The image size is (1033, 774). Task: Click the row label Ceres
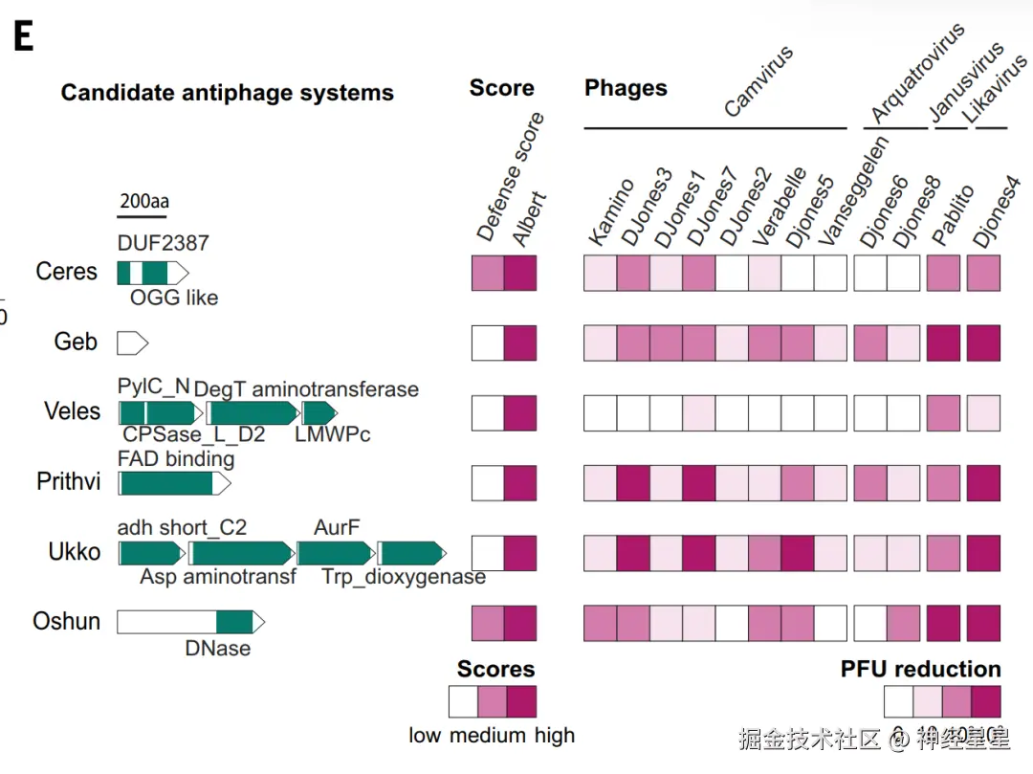click(x=66, y=272)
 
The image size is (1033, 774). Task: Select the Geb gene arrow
click(x=132, y=342)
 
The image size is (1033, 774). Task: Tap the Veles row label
click(x=72, y=411)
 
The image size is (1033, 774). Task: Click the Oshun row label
click(x=66, y=622)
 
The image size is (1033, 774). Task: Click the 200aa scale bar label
click(x=143, y=202)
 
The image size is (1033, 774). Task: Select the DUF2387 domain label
click(x=163, y=244)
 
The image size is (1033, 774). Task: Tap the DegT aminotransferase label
click(x=306, y=389)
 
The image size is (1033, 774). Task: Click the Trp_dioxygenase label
click(x=403, y=577)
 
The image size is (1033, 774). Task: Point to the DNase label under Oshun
click(x=218, y=649)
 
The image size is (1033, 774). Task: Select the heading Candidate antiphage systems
click(x=228, y=93)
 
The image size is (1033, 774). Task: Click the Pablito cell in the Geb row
click(x=943, y=343)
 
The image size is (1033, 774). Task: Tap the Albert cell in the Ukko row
click(x=520, y=553)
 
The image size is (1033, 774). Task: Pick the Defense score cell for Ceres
click(x=488, y=273)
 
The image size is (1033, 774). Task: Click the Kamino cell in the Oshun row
click(x=600, y=623)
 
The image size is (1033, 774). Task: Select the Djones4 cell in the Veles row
click(x=984, y=412)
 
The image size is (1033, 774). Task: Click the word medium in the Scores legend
click(x=492, y=736)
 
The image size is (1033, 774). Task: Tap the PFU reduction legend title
click(x=920, y=669)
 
